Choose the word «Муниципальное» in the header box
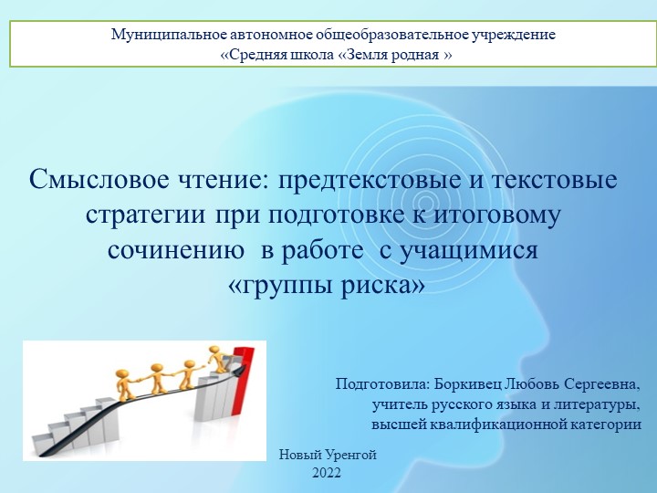click(x=165, y=35)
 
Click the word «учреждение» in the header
click(x=511, y=35)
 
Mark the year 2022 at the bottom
click(x=326, y=472)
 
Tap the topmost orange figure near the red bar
click(x=215, y=359)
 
